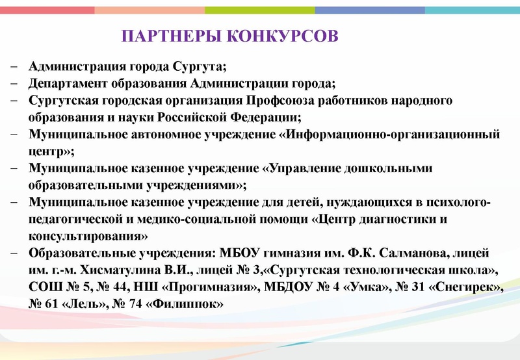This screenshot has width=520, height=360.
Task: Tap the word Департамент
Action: point(66,84)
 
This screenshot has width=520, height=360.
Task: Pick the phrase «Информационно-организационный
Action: point(383,135)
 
